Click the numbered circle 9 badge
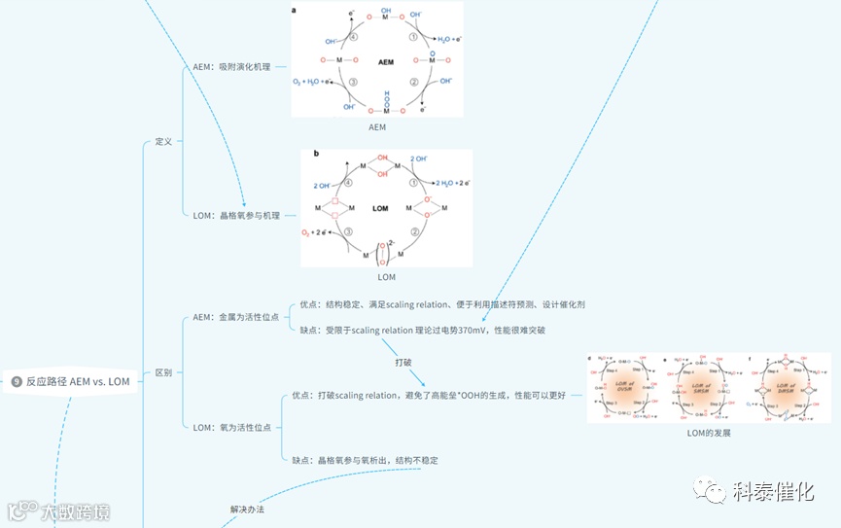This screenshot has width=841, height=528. click(17, 381)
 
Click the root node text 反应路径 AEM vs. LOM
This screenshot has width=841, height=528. click(78, 381)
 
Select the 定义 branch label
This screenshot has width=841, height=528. click(163, 141)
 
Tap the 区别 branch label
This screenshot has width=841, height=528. click(163, 372)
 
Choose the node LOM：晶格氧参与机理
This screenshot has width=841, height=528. click(236, 215)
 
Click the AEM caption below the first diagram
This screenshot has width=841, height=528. click(376, 127)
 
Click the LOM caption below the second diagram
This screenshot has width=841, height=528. click(386, 277)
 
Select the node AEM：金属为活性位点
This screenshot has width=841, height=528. click(236, 317)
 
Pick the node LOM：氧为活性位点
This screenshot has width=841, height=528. click(232, 427)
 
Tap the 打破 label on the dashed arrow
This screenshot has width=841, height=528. click(403, 362)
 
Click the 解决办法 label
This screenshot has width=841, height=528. click(247, 509)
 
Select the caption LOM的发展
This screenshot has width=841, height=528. click(708, 433)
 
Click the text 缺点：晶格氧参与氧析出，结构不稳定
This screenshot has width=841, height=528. click(365, 460)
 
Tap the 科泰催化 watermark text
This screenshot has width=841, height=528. click(773, 492)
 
